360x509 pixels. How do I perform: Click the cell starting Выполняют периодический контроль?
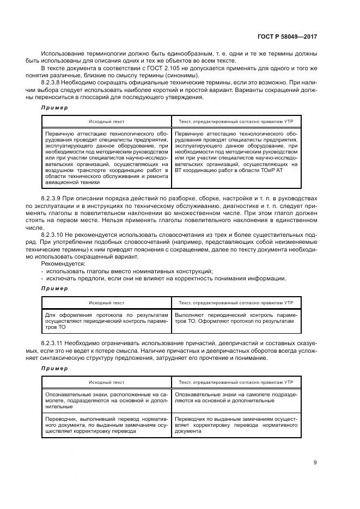coord(236,318)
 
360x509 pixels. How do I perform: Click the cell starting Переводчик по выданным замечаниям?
coord(236,425)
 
